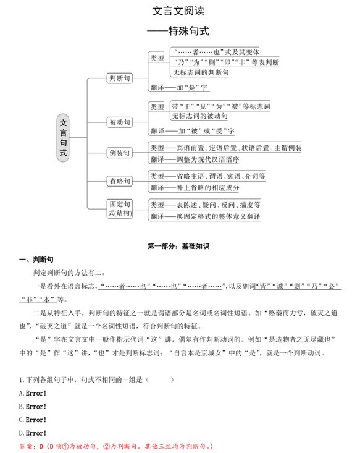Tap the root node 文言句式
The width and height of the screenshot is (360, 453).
click(63, 137)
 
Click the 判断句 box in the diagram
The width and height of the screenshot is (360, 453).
click(119, 78)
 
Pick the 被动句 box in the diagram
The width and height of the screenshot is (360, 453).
click(119, 122)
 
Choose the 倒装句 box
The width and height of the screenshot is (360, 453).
click(119, 153)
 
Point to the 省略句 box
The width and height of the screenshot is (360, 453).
click(119, 181)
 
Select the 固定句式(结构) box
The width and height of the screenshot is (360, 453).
click(119, 208)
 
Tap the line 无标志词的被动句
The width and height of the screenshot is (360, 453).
click(199, 116)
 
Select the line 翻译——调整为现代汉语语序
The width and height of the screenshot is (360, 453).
click(194, 159)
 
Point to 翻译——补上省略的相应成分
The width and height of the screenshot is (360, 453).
click(194, 187)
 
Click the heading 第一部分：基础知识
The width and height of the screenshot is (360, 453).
click(179, 245)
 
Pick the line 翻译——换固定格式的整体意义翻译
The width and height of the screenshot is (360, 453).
click(204, 216)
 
